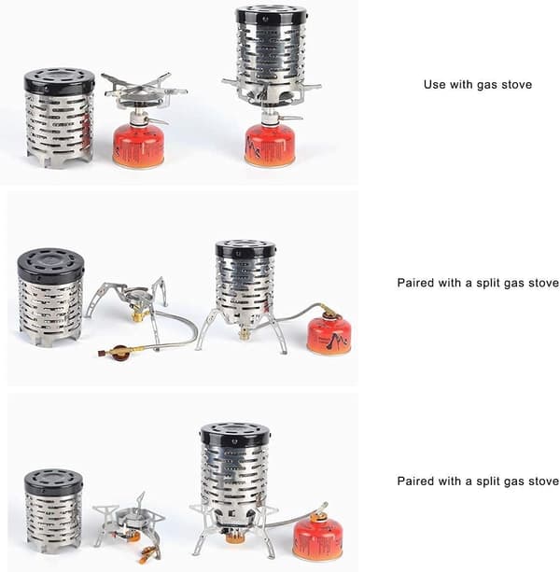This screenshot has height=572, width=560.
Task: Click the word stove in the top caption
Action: [516, 85]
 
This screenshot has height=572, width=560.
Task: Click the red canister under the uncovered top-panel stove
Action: [139, 146]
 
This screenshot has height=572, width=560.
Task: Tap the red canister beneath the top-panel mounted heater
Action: [270, 146]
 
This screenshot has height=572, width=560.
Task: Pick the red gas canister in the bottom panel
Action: [317, 537]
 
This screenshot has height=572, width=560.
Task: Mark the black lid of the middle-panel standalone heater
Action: [50, 262]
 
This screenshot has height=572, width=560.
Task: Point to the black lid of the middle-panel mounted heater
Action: [245, 249]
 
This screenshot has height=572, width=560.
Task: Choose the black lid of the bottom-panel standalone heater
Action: [53, 481]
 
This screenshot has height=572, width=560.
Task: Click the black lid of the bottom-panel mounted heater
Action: [235, 436]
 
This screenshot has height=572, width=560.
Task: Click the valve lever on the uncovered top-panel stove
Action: [157, 120]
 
